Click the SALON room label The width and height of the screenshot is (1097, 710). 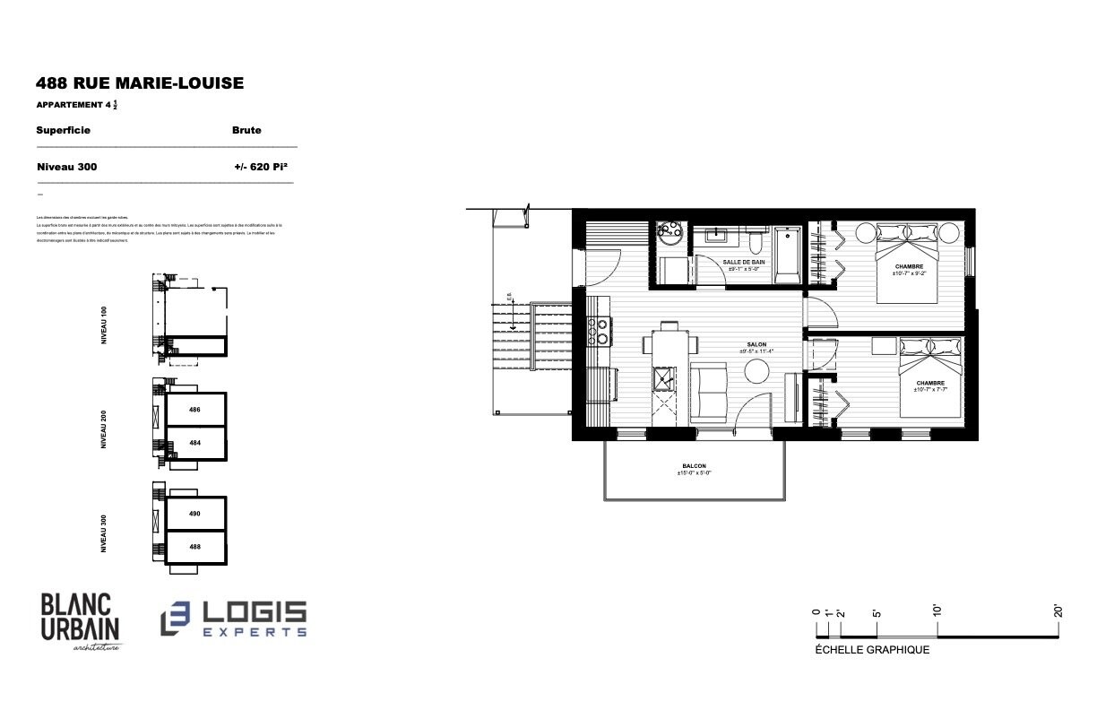(756, 344)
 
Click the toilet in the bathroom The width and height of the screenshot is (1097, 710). (756, 243)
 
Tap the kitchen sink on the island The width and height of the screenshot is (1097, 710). (664, 379)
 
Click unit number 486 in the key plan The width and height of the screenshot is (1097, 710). (194, 410)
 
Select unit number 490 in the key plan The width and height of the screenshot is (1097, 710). (194, 514)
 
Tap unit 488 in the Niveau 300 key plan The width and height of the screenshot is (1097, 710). (194, 546)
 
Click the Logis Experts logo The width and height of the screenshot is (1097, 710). (234, 619)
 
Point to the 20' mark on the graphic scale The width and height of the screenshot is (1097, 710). (1058, 611)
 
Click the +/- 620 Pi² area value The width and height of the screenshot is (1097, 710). (260, 167)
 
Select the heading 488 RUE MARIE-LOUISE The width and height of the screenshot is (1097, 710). (140, 83)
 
